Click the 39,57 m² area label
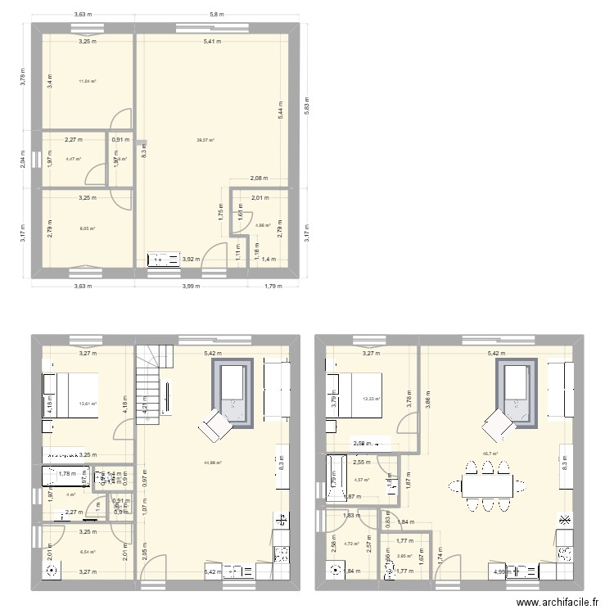click(x=205, y=140)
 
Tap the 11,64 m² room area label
click(x=88, y=81)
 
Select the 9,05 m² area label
click(x=88, y=228)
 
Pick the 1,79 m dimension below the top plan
click(x=273, y=286)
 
